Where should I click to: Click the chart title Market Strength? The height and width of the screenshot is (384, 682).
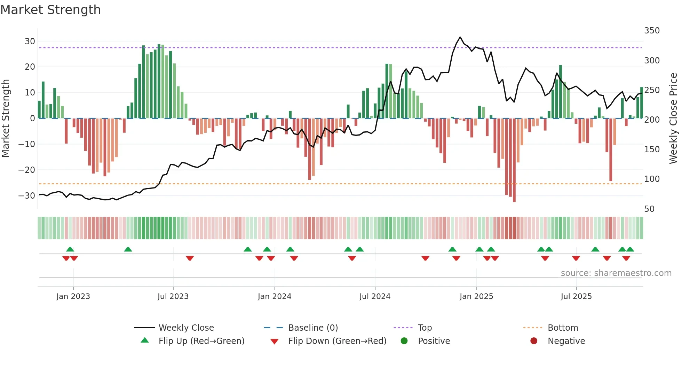point(50,10)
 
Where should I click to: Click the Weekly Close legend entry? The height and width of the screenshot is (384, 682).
point(186,328)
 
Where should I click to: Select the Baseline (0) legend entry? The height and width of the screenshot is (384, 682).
point(313,328)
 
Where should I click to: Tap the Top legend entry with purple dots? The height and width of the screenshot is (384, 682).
point(425,328)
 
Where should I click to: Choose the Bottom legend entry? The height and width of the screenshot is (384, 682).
point(563,328)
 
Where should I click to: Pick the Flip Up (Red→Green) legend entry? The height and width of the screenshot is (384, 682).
point(201,341)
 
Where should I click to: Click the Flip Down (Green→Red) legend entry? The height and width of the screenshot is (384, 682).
point(337,341)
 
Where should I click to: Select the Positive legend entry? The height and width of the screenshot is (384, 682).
point(434,341)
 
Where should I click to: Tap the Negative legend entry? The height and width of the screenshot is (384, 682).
point(566,341)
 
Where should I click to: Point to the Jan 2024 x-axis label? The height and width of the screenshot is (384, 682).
point(275,297)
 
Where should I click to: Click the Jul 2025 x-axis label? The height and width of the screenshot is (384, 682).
point(576,297)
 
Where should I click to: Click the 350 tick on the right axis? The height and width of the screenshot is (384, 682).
point(652,31)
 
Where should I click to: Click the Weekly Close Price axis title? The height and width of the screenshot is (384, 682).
point(673,118)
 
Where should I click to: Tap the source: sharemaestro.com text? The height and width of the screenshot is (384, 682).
point(616,273)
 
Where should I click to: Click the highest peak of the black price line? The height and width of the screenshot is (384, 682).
point(460,37)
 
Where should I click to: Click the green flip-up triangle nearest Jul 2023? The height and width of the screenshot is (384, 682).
point(128,249)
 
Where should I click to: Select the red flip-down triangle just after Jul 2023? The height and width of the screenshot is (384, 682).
point(190,258)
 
